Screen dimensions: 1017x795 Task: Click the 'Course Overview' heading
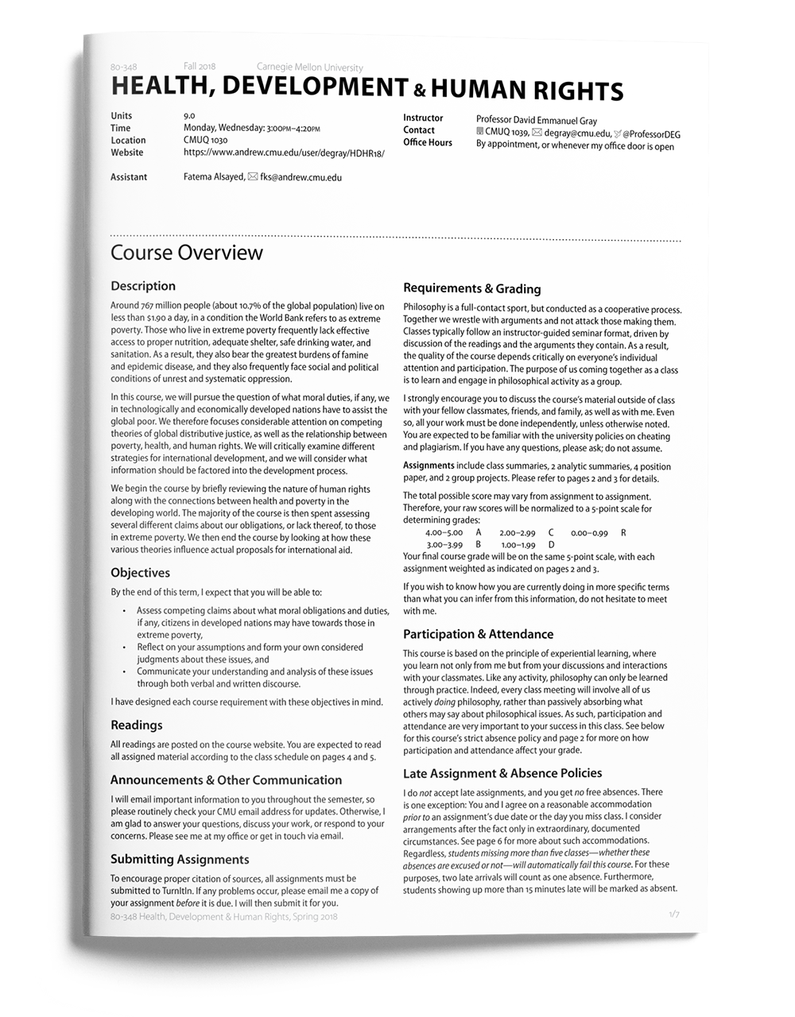pyautogui.click(x=186, y=253)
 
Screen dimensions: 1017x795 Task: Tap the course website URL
pyautogui.click(x=283, y=153)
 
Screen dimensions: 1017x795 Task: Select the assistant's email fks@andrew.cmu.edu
pyautogui.click(x=301, y=177)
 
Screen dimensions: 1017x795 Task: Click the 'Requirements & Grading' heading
pyautogui.click(x=471, y=288)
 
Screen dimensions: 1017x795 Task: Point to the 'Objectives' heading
pyautogui.click(x=140, y=573)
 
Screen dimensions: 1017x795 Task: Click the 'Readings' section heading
pyautogui.click(x=136, y=725)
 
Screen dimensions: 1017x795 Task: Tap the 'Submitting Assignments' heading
pyautogui.click(x=180, y=859)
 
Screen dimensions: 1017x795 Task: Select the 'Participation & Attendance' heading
pyautogui.click(x=478, y=634)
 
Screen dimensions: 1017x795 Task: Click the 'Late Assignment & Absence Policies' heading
pyautogui.click(x=502, y=773)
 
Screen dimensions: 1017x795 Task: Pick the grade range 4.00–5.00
pyautogui.click(x=444, y=532)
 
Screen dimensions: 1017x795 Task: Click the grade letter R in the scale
pyautogui.click(x=623, y=532)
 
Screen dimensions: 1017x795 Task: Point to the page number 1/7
pyautogui.click(x=674, y=915)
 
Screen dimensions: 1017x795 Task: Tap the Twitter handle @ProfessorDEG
pyautogui.click(x=651, y=134)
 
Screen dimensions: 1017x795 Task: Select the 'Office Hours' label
pyautogui.click(x=427, y=143)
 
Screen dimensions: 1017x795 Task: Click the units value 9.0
pyautogui.click(x=189, y=116)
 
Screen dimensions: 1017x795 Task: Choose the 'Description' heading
pyautogui.click(x=143, y=286)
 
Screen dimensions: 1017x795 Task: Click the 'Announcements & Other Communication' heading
pyautogui.click(x=226, y=780)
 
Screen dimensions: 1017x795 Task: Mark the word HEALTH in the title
pyautogui.click(x=161, y=86)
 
